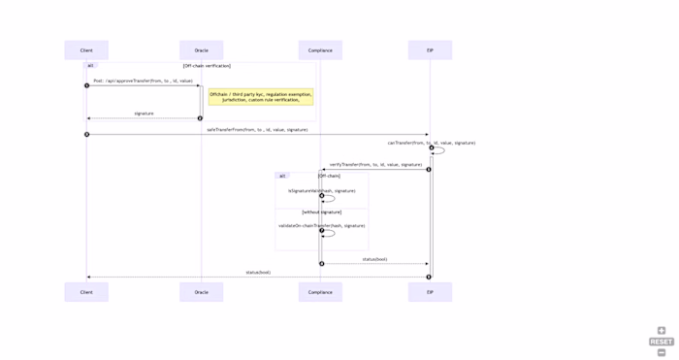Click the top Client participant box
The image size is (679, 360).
click(x=86, y=50)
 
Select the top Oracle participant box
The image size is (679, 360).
click(x=201, y=50)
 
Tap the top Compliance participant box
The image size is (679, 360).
click(x=320, y=50)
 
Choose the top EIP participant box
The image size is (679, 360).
click(x=430, y=50)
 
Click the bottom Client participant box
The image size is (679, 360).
click(x=86, y=292)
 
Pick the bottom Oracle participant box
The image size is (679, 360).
click(x=201, y=292)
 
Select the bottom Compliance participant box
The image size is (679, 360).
click(x=320, y=292)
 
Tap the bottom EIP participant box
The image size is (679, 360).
click(x=430, y=292)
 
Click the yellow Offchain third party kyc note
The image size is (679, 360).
click(x=261, y=97)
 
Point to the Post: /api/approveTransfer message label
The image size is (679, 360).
click(x=143, y=82)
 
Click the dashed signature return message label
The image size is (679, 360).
click(x=144, y=114)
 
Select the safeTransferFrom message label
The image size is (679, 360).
click(x=257, y=129)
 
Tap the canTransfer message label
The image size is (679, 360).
click(x=432, y=143)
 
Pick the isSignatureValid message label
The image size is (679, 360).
click(x=322, y=191)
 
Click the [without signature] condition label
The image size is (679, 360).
click(x=322, y=212)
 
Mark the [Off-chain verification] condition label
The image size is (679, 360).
click(x=207, y=66)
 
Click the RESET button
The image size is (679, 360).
click(x=662, y=342)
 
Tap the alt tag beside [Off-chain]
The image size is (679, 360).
click(x=282, y=176)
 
